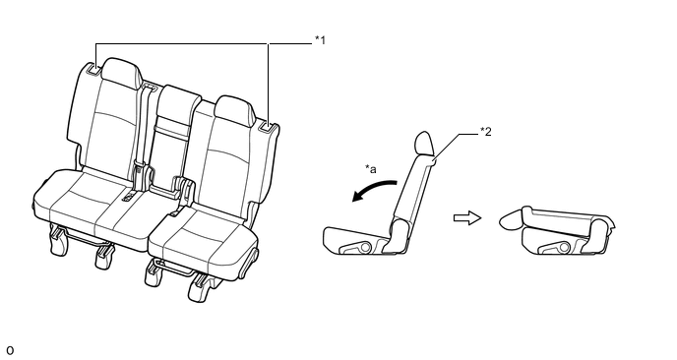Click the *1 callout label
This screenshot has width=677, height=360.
(320, 40)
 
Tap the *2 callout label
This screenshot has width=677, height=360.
(486, 132)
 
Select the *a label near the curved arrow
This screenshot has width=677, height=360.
(370, 169)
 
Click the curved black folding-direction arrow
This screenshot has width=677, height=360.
(373, 189)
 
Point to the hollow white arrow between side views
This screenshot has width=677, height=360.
(467, 218)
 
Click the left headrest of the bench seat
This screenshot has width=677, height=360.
(122, 74)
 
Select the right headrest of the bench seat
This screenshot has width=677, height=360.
(233, 110)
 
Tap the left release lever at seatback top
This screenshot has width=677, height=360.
(93, 69)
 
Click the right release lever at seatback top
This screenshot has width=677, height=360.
(268, 127)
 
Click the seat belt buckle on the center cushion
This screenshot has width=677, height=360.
(128, 198)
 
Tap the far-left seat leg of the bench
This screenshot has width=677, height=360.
(58, 240)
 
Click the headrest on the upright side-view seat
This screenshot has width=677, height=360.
(424, 143)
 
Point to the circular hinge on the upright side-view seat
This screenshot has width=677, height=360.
(365, 247)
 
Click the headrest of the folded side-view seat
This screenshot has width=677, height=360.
(511, 218)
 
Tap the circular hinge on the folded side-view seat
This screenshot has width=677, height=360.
(564, 247)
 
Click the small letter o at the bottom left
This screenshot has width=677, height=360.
(10, 350)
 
